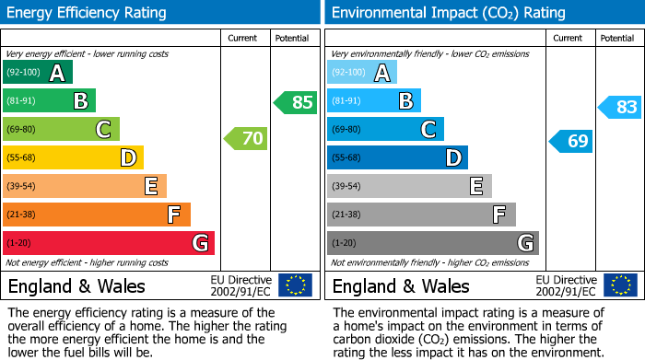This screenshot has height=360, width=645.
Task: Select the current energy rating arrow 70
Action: coord(246,139)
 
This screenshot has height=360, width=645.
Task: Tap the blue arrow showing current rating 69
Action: coord(570,141)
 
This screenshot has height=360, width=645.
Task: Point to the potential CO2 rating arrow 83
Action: coord(620,107)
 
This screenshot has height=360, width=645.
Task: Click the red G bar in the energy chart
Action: coord(109,243)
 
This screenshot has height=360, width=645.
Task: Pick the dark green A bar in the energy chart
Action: coord(37,73)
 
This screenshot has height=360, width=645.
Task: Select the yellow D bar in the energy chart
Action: coord(73,157)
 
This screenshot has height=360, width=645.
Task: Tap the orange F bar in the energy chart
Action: coord(97,215)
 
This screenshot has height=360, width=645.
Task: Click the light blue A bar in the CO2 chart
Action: coord(362,73)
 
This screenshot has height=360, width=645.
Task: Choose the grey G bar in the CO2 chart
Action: coord(432,243)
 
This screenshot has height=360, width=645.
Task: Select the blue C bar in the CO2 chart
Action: coord(385,129)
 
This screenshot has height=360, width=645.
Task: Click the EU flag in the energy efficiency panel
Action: coord(295,285)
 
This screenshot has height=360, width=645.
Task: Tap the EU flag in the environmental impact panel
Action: coord(619,285)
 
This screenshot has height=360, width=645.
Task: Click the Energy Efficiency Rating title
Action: coord(88,13)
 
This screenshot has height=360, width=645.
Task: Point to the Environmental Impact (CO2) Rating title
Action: coord(448,13)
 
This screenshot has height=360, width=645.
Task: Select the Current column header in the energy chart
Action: coord(244,38)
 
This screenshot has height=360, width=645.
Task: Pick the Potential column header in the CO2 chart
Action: coord(617,38)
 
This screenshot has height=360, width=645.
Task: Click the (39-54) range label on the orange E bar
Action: coord(20,186)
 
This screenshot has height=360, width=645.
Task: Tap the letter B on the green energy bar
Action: coord(80,101)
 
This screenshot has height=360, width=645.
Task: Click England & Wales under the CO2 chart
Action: coord(401,286)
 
